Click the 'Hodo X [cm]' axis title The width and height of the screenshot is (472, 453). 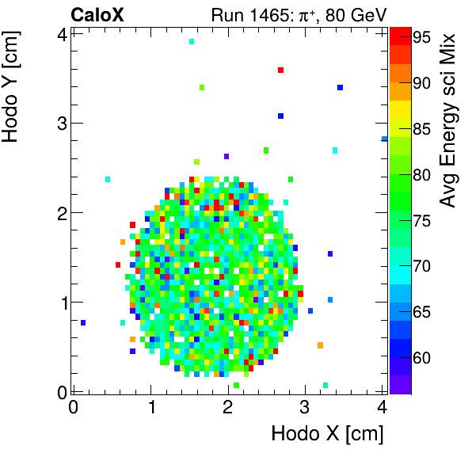coord(327,434)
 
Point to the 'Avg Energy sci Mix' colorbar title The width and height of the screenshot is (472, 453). coord(448,119)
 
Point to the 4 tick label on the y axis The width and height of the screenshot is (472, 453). coord(60,34)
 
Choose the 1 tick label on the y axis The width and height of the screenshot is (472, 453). coord(60,302)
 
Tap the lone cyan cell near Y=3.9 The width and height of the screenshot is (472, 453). coord(192,41)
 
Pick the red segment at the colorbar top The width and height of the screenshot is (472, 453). coord(400,33)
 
